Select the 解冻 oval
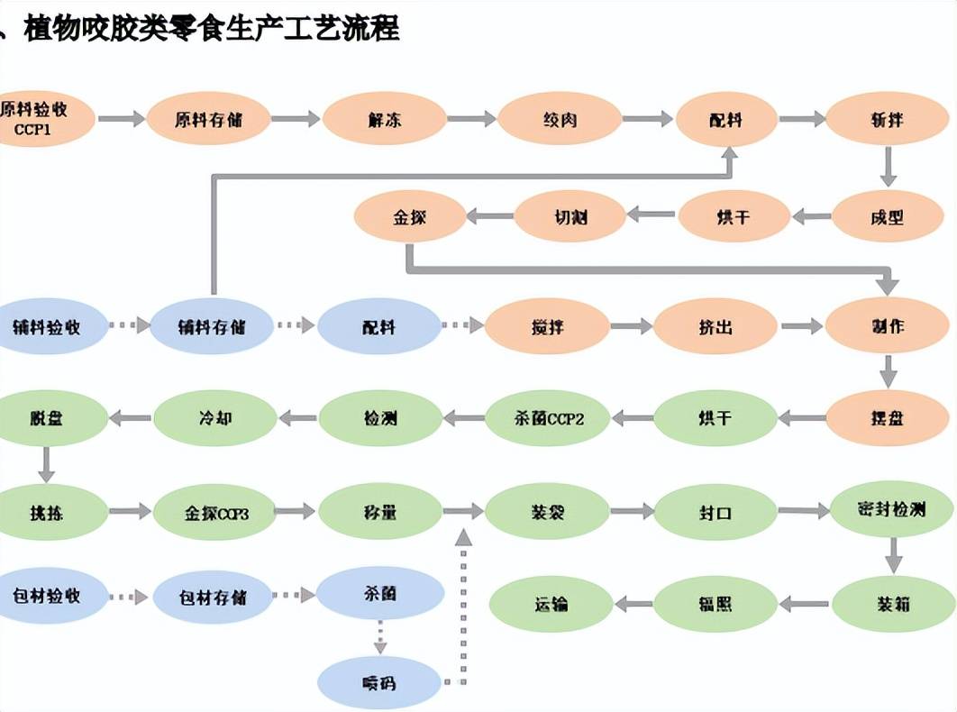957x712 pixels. coord(385,119)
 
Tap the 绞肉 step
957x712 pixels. coord(560,119)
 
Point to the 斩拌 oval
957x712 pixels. coord(889,119)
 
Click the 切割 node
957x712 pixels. coord(570,216)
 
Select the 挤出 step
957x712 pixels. coord(715,326)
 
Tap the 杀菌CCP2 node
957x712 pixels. coord(548,418)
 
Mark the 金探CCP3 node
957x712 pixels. coord(215,513)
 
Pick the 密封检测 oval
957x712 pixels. coord(891,510)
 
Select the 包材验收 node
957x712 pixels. coord(47,597)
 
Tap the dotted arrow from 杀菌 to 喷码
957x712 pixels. coord(379,636)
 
